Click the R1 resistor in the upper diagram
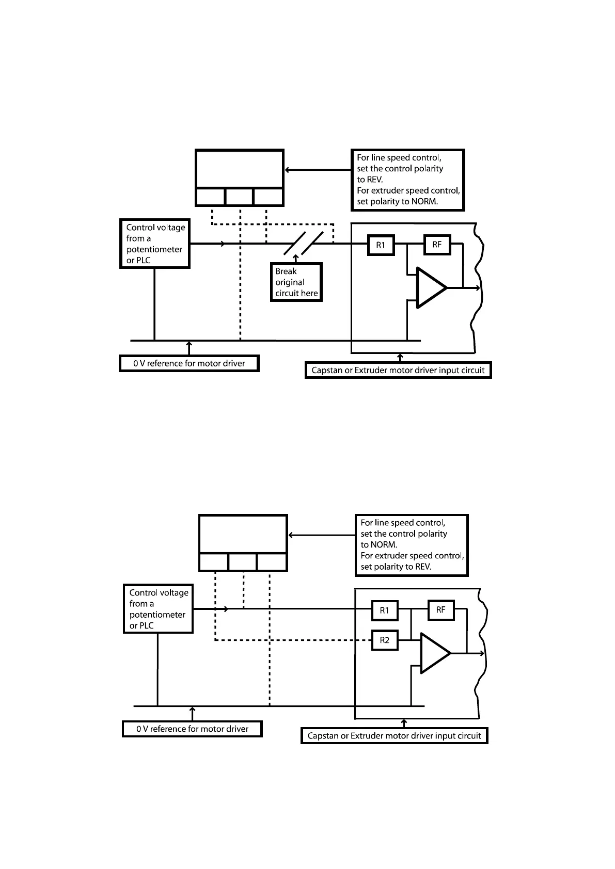381,245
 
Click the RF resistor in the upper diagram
437,245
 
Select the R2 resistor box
385,640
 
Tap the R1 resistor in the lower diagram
385,610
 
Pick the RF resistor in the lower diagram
440,610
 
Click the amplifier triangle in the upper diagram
430,288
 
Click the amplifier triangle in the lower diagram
434,653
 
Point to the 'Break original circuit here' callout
296,282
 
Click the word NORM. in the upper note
424,202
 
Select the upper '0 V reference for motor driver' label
189,363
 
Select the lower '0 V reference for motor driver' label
192,729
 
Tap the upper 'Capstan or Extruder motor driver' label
398,370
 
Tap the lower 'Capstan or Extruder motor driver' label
394,736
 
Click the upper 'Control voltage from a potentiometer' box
155,244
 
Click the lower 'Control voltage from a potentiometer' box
158,609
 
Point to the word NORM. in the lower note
384,545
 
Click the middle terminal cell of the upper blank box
240,197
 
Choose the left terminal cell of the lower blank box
213,562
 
